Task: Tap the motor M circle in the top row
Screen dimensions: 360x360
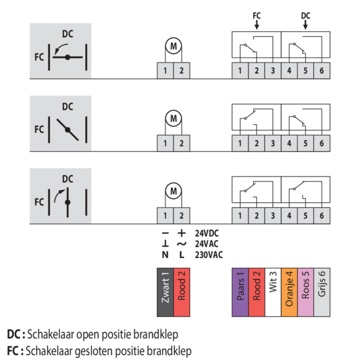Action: click(173, 47)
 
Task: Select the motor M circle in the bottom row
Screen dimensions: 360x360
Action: click(173, 191)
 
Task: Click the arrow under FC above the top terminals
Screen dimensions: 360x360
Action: click(256, 25)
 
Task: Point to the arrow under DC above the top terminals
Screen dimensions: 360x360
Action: click(305, 25)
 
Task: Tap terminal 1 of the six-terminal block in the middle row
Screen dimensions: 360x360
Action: click(240, 143)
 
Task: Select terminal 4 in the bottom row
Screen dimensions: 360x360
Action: click(289, 215)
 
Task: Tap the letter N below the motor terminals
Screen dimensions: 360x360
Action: click(165, 254)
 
